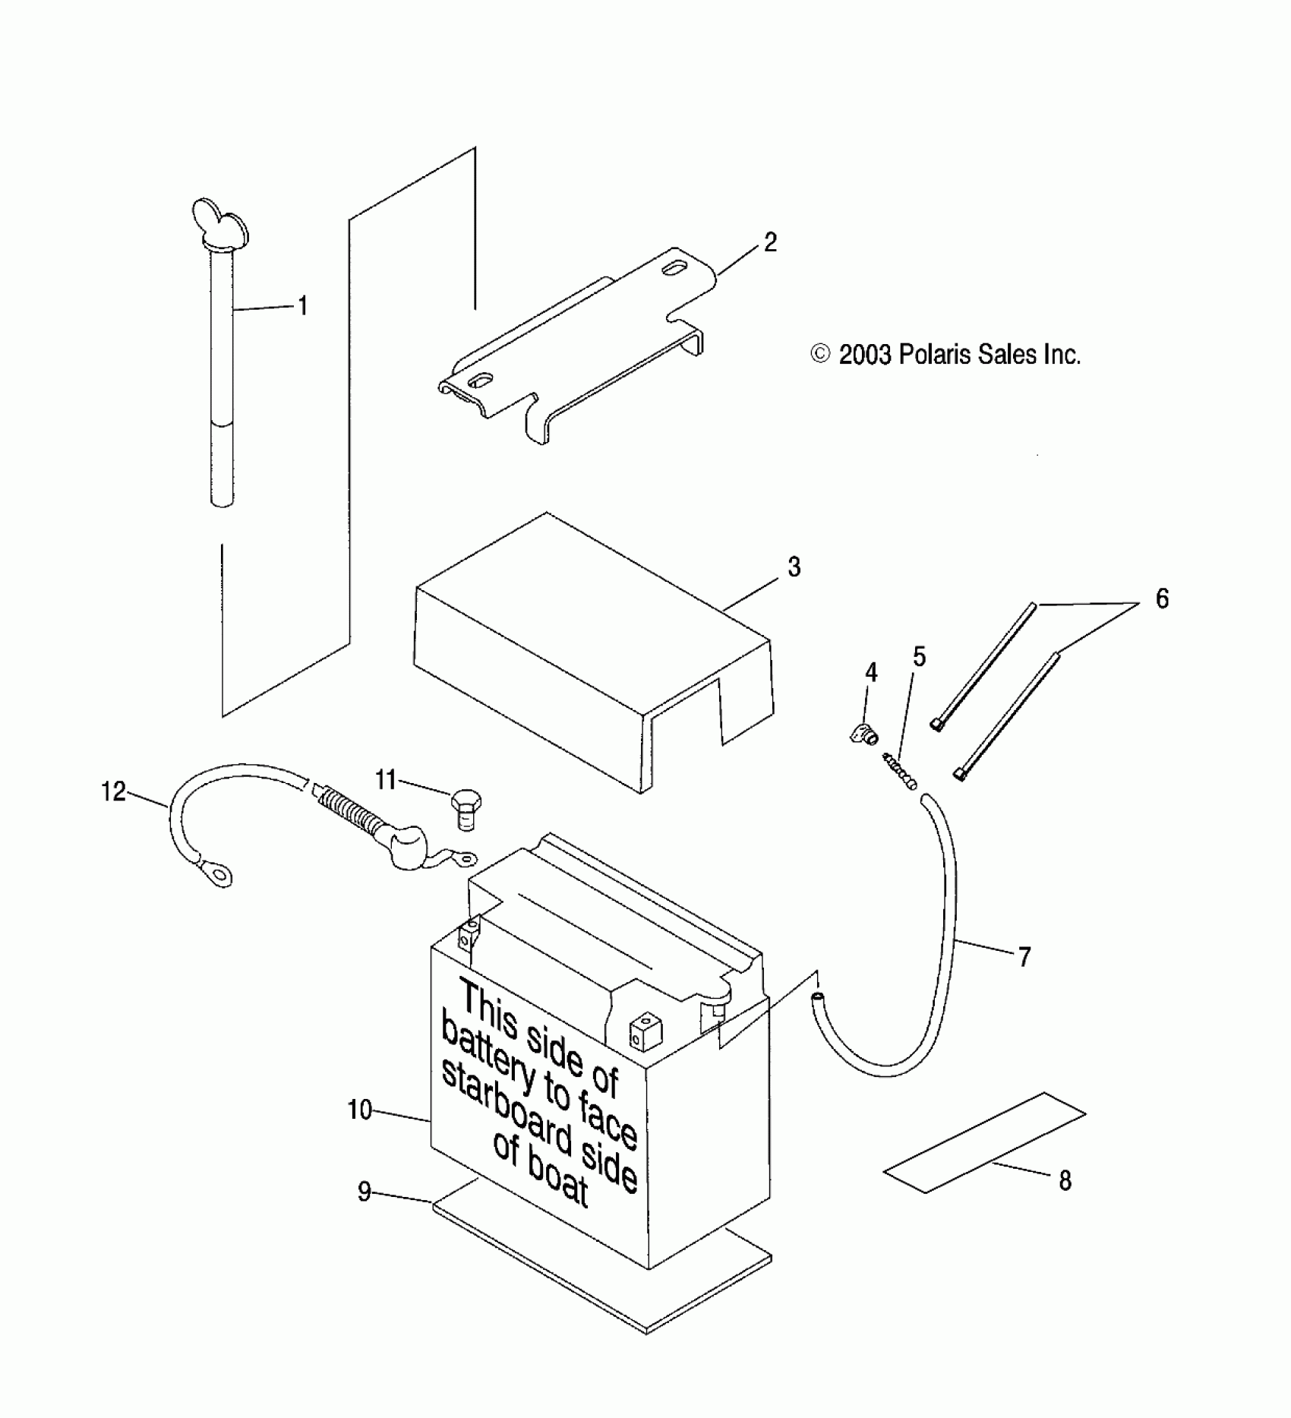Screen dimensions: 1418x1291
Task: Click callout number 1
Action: click(x=302, y=306)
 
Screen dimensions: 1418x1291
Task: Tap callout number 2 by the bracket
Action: click(x=770, y=242)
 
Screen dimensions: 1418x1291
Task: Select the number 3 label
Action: click(x=794, y=567)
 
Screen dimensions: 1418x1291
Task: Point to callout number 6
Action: click(x=1162, y=598)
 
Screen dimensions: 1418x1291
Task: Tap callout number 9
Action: click(x=365, y=1192)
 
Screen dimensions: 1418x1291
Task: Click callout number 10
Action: click(x=360, y=1110)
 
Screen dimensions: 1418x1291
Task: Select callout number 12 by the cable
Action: click(x=113, y=792)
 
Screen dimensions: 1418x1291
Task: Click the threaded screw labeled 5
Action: click(x=901, y=772)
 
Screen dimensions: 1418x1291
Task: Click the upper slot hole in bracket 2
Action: click(x=674, y=270)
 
